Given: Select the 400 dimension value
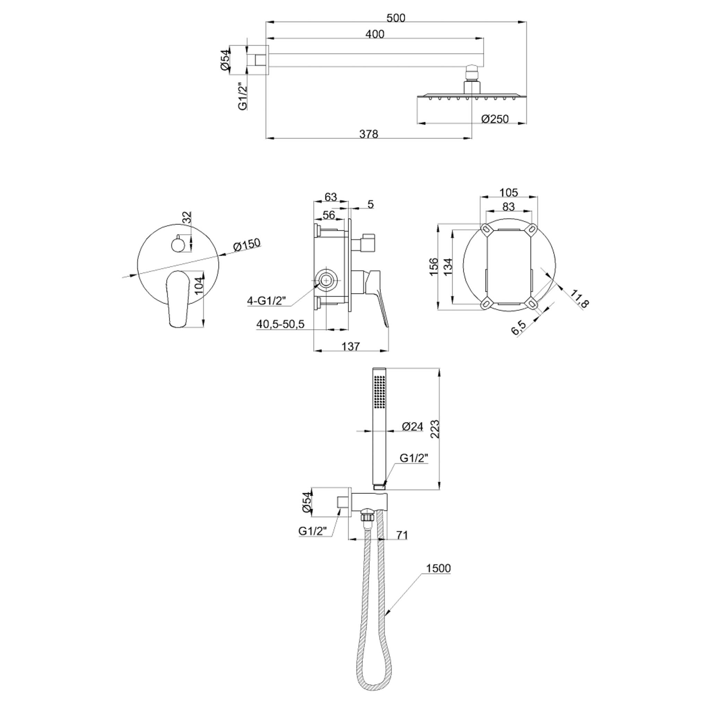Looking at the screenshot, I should (375, 34).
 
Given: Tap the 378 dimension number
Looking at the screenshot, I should (368, 134).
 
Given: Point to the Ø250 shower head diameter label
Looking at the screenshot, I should (495, 119).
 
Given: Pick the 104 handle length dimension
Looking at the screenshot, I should (198, 286).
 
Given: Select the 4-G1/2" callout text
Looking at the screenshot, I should (266, 301).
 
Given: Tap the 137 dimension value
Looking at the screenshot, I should (350, 346).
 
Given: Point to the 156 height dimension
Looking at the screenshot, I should (434, 267).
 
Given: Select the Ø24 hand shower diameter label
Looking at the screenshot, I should (413, 426).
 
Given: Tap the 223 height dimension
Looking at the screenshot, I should (435, 429).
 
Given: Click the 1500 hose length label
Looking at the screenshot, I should (438, 568).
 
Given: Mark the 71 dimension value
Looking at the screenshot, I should (402, 535).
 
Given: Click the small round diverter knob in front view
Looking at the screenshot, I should (178, 243).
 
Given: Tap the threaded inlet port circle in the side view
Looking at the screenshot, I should (326, 281).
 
